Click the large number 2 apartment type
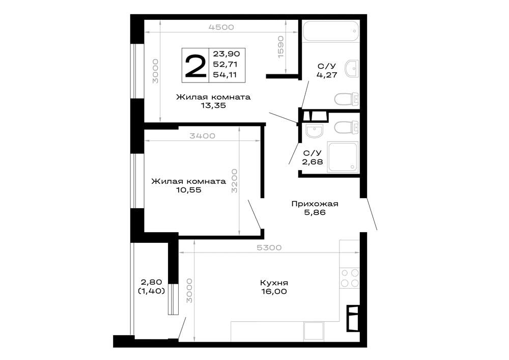(x=195, y=66)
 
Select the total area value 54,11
(x=224, y=75)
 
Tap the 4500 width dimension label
(x=221, y=27)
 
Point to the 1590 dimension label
(x=281, y=47)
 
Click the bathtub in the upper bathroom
(x=331, y=31)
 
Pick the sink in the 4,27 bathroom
(x=352, y=68)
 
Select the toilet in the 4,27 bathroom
(x=347, y=99)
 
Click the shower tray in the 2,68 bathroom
(x=343, y=157)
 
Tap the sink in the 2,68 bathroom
(x=314, y=131)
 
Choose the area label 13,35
(x=213, y=105)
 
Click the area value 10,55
(x=189, y=190)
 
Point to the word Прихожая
(x=315, y=204)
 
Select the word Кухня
(x=274, y=283)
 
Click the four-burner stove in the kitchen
(x=350, y=278)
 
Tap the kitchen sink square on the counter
(x=314, y=331)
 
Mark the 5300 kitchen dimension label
(x=269, y=247)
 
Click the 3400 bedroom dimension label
(x=202, y=135)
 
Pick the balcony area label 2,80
(x=151, y=282)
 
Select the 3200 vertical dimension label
(x=234, y=181)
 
